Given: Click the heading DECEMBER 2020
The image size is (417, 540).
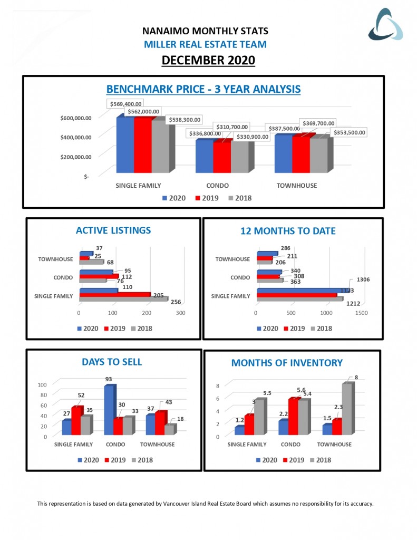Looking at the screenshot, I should [208, 61].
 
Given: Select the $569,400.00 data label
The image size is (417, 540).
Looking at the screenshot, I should [127, 104].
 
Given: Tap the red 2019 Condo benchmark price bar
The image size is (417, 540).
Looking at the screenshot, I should [221, 157].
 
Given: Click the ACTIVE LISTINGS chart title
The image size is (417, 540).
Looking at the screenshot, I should [113, 230].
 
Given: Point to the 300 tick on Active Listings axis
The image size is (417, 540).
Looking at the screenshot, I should [181, 313].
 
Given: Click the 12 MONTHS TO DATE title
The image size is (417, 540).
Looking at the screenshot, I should [288, 231].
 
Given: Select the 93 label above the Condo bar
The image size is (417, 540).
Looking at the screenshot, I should [109, 379].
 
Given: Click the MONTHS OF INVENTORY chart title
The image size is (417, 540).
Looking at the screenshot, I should [287, 362].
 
